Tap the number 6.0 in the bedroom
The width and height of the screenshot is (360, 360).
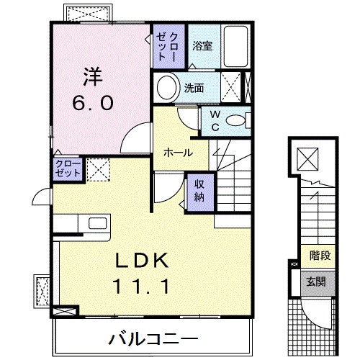[91, 103]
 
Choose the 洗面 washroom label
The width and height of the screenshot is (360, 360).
[194, 89]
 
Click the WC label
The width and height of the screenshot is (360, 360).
[215, 120]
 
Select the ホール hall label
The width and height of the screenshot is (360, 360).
[177, 153]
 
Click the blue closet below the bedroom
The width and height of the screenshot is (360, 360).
[68, 169]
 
